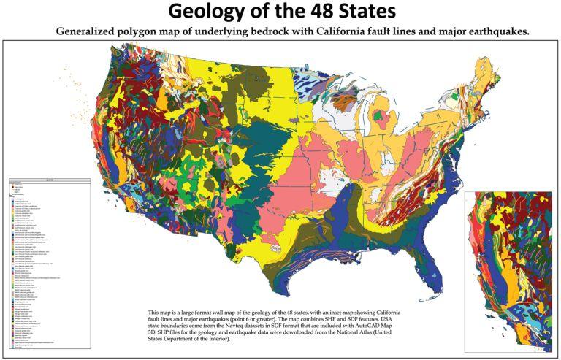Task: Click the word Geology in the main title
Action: tap(209, 12)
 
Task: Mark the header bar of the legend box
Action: tap(50, 180)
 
